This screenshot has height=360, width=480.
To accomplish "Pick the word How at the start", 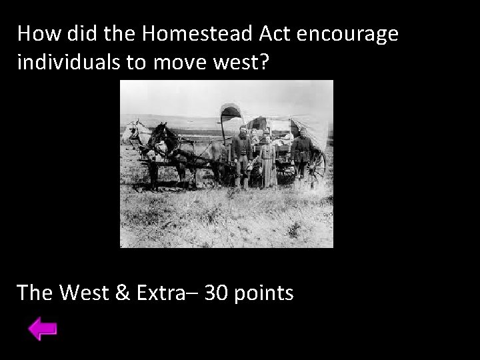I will coord(39,33).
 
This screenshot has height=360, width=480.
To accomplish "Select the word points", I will coord(265,292).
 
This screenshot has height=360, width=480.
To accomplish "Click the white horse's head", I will coord(128,130).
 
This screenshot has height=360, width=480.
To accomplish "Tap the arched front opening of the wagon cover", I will coord(231,115).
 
